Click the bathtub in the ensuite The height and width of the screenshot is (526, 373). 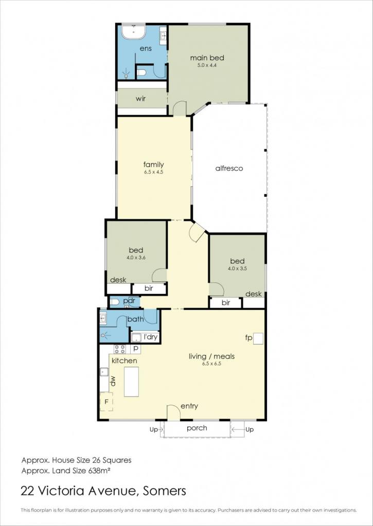coord(133,32)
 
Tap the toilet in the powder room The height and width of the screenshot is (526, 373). coord(115,302)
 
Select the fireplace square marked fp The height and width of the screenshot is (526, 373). coord(258,339)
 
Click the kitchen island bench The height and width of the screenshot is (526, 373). coord(131,382)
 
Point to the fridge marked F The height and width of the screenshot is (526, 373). coord(106,401)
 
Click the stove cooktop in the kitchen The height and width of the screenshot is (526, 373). coord(120,349)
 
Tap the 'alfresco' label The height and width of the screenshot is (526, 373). coord(229,168)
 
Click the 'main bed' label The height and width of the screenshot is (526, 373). coord(207,58)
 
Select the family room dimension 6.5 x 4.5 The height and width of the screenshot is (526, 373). coord(153,172)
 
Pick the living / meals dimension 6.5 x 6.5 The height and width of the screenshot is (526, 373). coord(211,363)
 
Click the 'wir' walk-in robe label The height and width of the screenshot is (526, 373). coord(140,99)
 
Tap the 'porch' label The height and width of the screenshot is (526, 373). coord(197,428)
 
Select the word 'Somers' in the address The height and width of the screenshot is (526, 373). coord(164,491)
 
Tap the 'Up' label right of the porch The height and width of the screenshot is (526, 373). coord(250,430)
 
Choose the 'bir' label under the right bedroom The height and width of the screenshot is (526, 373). coord(226,303)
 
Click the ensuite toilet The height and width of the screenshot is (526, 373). coord(141,72)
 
